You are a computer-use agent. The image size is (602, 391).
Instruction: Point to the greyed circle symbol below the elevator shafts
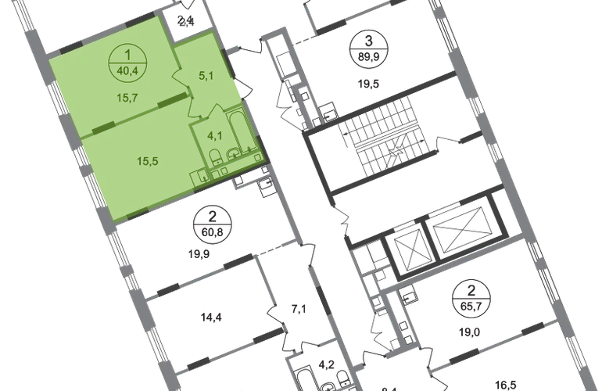[468, 296]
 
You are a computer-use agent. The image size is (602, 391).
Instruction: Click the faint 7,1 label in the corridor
[296, 307]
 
